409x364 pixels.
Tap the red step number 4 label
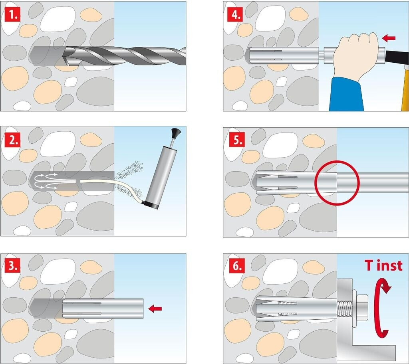(x=235, y=15)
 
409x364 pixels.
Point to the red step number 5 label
(x=237, y=140)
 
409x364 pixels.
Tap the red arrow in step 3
(x=155, y=309)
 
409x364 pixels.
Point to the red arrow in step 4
(x=389, y=38)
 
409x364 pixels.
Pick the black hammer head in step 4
(x=397, y=58)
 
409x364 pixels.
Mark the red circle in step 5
(x=337, y=183)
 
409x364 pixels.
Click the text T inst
(x=383, y=265)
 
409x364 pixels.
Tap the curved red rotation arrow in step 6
(x=381, y=307)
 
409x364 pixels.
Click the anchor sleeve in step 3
(x=103, y=309)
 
